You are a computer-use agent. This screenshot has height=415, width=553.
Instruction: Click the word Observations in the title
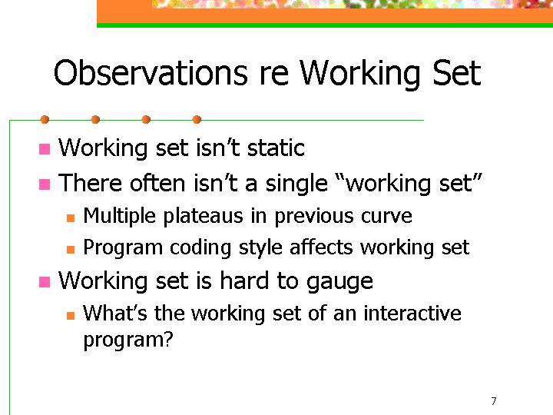click(151, 73)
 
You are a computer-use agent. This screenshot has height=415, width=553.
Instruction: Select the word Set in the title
click(456, 73)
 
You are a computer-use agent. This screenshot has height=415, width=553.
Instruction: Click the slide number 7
click(494, 401)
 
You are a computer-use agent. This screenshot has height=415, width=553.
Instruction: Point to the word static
click(276, 148)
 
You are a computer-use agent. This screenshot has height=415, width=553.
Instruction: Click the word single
click(296, 184)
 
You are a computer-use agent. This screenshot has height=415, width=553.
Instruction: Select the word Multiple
click(119, 216)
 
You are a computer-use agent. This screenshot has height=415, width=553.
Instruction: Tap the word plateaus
click(203, 216)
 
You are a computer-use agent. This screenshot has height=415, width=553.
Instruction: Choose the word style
click(260, 247)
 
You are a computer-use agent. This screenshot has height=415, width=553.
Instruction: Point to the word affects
click(320, 247)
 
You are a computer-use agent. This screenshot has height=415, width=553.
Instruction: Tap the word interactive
click(412, 314)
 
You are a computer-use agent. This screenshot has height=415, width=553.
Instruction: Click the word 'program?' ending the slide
click(128, 340)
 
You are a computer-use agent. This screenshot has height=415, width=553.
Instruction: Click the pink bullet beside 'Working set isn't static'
click(45, 149)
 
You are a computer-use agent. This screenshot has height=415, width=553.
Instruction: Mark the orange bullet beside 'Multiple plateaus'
click(71, 218)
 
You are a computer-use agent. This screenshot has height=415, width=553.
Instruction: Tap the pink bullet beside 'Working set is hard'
click(45, 282)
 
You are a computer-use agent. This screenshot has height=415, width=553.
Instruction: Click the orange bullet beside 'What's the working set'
click(71, 316)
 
